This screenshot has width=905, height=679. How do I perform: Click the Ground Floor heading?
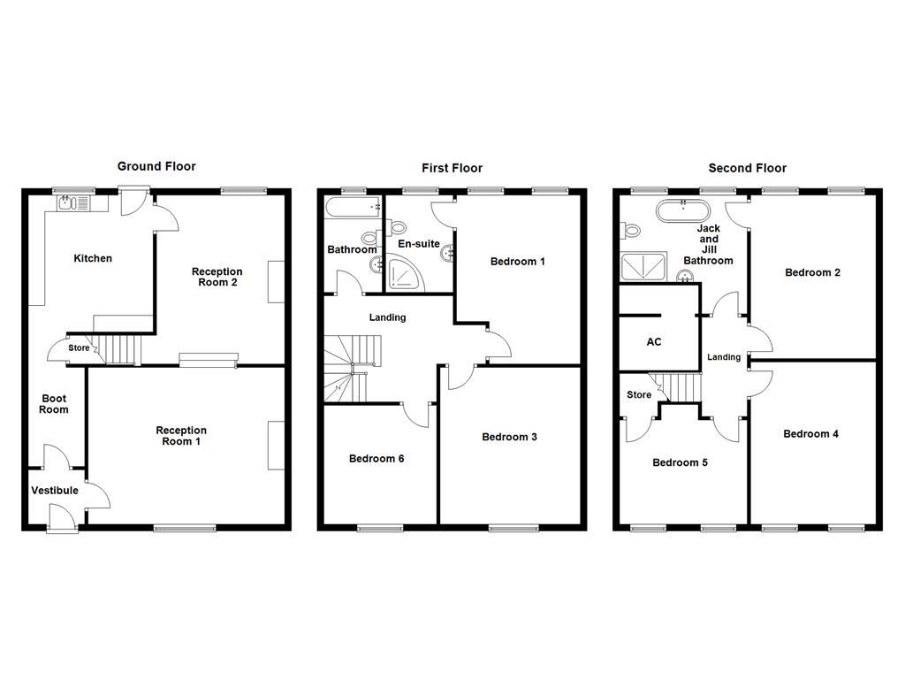[x=156, y=166]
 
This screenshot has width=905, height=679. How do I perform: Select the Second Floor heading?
[x=747, y=168]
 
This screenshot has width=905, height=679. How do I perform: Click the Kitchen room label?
[x=93, y=258]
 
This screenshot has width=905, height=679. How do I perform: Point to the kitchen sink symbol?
[x=66, y=203]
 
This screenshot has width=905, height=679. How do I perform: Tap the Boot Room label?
[x=54, y=404]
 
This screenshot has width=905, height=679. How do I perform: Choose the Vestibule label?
[x=55, y=491]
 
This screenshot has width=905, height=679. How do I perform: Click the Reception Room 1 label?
[x=181, y=436]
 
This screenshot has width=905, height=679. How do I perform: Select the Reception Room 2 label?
[x=217, y=278]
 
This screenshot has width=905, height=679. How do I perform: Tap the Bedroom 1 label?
[x=518, y=262]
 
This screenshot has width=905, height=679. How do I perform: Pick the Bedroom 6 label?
[x=376, y=458]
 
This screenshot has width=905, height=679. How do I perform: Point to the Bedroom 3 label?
[x=509, y=437]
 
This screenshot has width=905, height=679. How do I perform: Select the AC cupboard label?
[x=654, y=342]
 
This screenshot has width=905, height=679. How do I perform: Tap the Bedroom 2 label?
[x=812, y=272]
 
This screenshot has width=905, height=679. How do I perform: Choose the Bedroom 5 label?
[x=680, y=462]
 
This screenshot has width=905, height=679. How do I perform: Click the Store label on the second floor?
[x=638, y=395]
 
